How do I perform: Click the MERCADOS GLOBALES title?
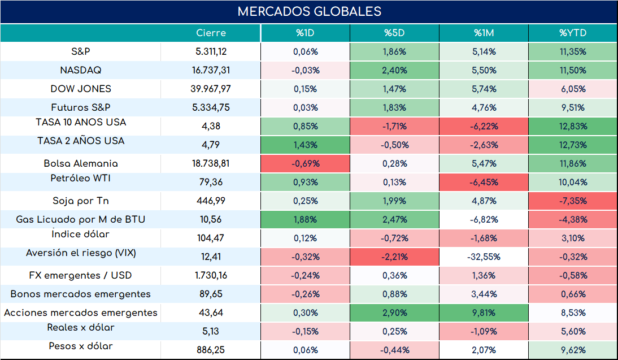pos(310,11)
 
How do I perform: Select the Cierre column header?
pos(211,33)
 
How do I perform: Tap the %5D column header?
pos(394,33)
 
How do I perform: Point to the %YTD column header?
pos(573,33)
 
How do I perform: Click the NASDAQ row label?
pos(81,70)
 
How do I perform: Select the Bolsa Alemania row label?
pos(81,163)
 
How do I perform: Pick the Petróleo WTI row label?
pos(81,178)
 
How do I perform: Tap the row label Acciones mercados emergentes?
pos(81,313)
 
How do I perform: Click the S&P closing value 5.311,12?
pos(211,51)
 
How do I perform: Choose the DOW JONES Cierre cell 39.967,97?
pos(211,89)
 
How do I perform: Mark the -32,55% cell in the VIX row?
pos(484,257)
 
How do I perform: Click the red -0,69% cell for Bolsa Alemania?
pos(306,164)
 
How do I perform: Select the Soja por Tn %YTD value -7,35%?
pos(573,201)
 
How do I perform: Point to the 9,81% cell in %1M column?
pos(484,313)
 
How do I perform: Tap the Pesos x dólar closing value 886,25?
pos(211,350)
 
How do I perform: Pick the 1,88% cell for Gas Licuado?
pos(306,220)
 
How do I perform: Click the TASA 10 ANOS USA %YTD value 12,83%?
pos(573,126)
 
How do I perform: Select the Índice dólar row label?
pos(80,234)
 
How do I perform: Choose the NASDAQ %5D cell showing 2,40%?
pos(394,70)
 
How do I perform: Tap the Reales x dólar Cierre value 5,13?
pos(211,331)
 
